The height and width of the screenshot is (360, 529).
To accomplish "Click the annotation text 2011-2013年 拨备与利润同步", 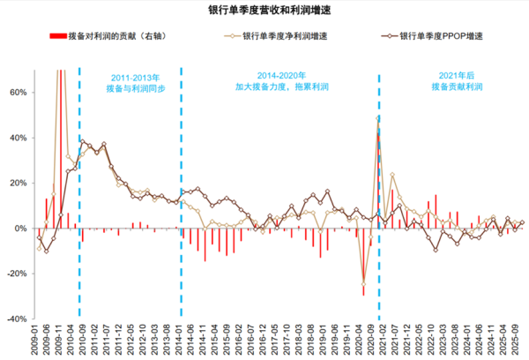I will tap(129, 83).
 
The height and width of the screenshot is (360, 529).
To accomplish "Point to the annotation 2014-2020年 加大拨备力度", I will tap(280, 83).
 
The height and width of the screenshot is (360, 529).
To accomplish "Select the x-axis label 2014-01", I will tap(181, 340).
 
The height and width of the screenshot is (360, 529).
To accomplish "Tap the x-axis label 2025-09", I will tap(522, 340).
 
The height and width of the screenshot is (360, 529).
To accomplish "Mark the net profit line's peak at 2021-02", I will tap(379, 117).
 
